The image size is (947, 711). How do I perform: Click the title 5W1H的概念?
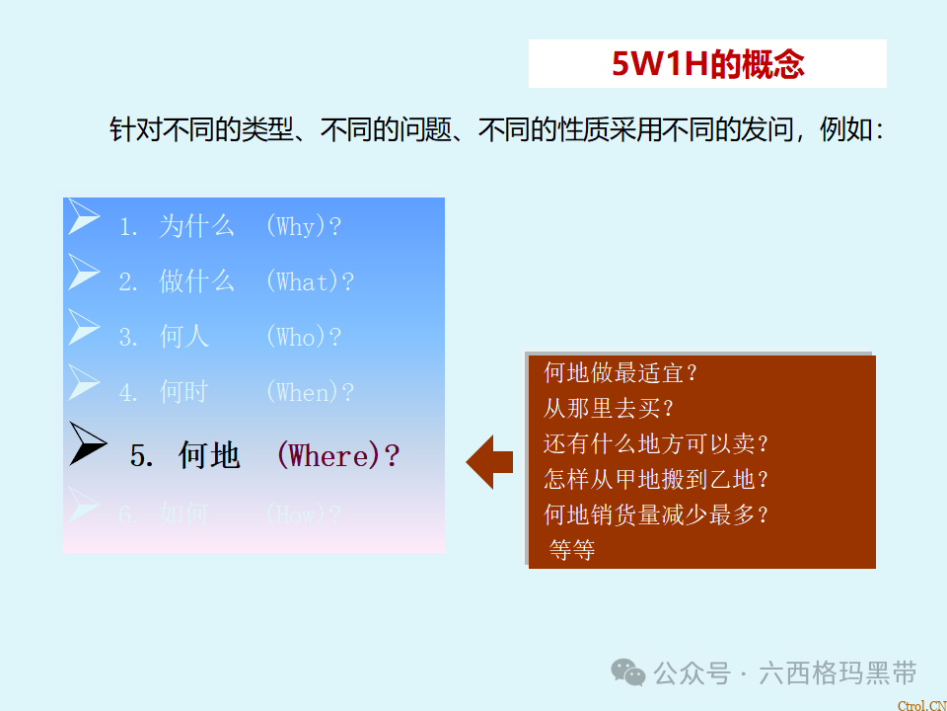[707, 64]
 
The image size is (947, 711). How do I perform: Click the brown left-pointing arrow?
[489, 461]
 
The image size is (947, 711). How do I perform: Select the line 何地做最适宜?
[620, 373]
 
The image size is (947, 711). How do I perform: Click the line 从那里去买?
[608, 409]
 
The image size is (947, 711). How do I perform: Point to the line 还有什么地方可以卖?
[656, 444]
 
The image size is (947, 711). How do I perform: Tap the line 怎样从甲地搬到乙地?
[656, 480]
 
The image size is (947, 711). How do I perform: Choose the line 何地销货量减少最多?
[656, 514]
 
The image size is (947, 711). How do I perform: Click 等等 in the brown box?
[572, 550]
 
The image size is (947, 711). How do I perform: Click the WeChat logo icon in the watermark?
[628, 671]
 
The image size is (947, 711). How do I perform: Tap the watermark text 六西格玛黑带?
[838, 673]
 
